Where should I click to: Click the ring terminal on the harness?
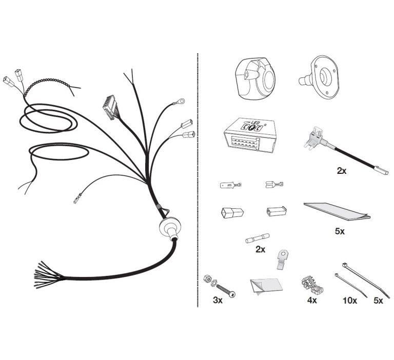(181, 101)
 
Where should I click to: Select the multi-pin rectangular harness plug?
(110, 108)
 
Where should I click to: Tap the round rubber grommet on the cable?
(170, 229)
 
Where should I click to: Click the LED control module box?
(249, 135)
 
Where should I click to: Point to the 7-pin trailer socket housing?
(255, 78)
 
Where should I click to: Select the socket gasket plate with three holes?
(320, 76)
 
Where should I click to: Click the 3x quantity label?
(218, 300)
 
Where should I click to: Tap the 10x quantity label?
(350, 301)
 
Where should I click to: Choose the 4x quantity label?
(312, 300)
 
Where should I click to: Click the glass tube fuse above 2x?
(258, 238)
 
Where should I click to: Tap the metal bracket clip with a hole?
(283, 259)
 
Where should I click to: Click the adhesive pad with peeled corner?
(266, 286)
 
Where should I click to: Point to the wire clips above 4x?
(312, 286)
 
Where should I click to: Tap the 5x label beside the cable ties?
(378, 301)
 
